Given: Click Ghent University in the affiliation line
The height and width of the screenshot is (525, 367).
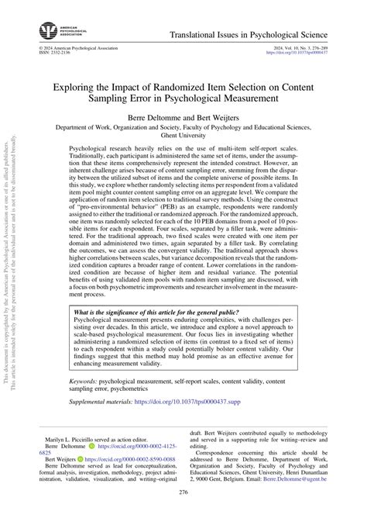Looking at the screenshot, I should coord(183,134).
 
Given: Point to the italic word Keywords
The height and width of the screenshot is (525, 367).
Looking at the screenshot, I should coord(84,382).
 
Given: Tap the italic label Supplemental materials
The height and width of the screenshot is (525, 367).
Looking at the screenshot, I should coord(98,404).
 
